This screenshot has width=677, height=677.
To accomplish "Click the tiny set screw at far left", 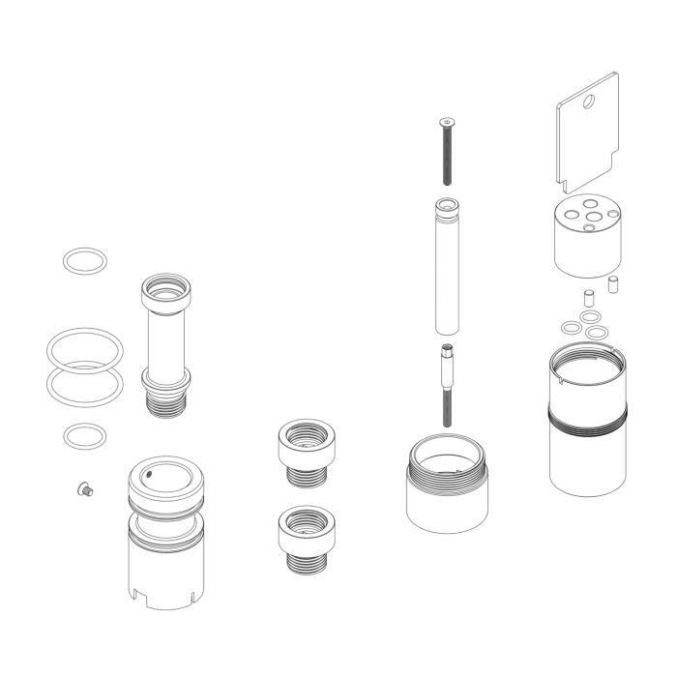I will click(x=84, y=490).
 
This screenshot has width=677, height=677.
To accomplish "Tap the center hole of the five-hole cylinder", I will click(x=588, y=217).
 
